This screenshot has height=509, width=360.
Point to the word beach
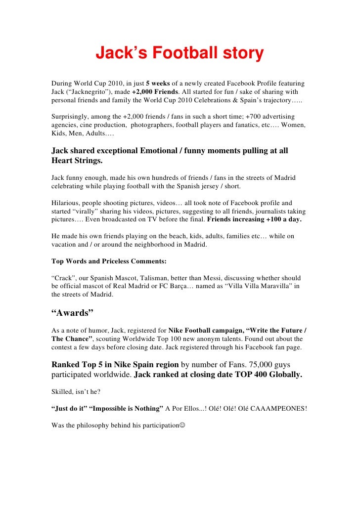pos(166,236)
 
